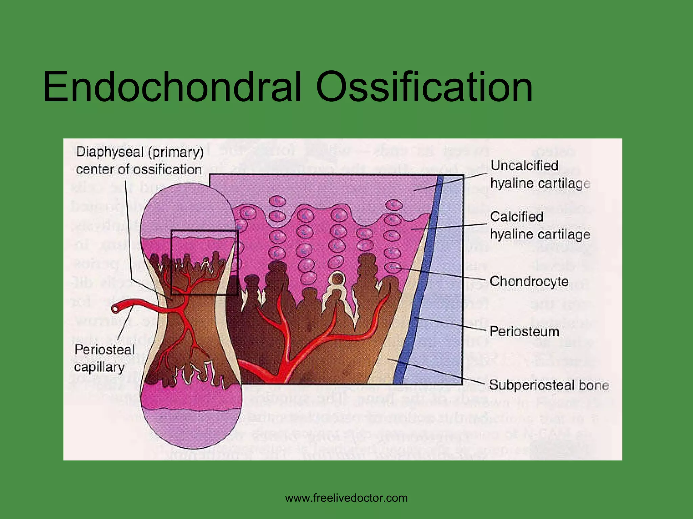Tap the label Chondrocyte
(x=529, y=281)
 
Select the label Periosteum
(x=524, y=331)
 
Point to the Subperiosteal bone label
(x=549, y=385)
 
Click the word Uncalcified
(x=524, y=166)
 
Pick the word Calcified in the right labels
(x=517, y=217)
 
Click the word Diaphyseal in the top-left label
(x=110, y=152)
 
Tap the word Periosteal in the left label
(x=105, y=350)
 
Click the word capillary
(x=99, y=367)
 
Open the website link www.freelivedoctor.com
(x=346, y=498)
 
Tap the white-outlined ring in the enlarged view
(x=338, y=279)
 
